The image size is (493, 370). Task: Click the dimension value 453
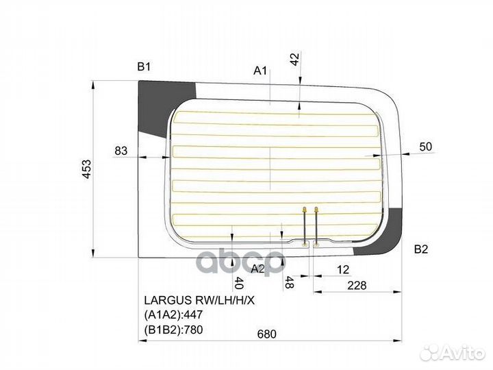[x=87, y=169]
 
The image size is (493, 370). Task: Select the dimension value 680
[x=267, y=334]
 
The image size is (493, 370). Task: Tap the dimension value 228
[x=357, y=285]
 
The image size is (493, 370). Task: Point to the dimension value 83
[x=121, y=151]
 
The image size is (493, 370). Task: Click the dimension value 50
[x=426, y=147]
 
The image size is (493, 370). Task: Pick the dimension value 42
[x=295, y=59]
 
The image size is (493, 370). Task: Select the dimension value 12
[x=343, y=269]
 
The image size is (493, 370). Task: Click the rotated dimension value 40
[x=239, y=283]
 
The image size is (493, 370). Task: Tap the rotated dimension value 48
[x=289, y=282]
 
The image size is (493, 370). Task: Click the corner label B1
[x=144, y=66]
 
